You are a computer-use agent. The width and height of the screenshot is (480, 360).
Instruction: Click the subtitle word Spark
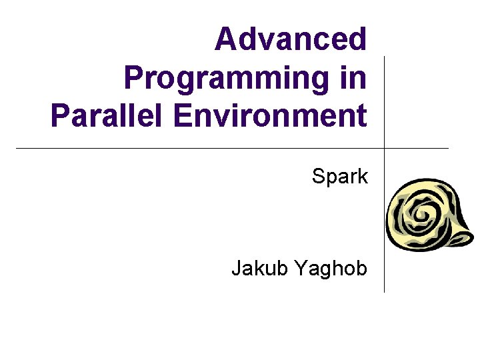340,177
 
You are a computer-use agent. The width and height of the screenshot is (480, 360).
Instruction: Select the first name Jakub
259,268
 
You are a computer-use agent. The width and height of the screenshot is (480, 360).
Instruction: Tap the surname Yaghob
331,269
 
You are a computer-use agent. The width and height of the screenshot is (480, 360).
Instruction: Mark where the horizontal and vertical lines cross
385,148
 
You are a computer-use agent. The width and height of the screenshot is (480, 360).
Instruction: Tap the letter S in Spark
318,177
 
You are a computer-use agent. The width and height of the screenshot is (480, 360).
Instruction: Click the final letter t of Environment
361,115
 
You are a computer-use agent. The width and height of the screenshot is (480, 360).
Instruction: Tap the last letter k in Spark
363,177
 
